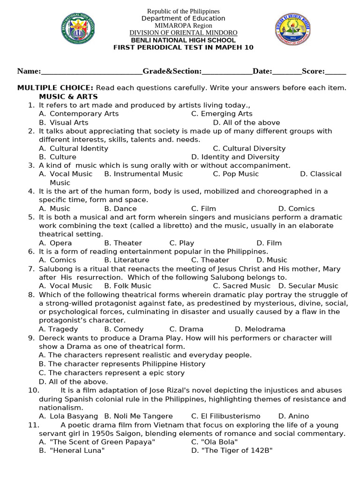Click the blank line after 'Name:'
pos(92,71)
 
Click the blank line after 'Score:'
pos(336,71)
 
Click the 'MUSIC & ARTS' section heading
pos(68,97)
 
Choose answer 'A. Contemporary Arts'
pos(79,113)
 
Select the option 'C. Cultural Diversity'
pos(249,148)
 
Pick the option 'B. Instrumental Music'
pos(143,174)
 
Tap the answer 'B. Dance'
pos(120,209)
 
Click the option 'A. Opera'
pos(55,243)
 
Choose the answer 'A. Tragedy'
pos(58,329)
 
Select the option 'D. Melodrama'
pos(260,329)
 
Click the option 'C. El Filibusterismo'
pos(225,416)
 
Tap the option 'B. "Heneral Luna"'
pos(72,450)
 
